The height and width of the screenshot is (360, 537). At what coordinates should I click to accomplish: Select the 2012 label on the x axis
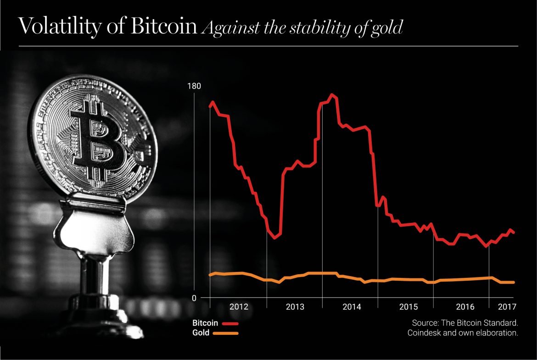(239, 307)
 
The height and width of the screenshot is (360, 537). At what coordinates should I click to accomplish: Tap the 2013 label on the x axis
(295, 307)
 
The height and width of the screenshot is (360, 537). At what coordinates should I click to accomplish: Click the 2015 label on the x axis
(408, 307)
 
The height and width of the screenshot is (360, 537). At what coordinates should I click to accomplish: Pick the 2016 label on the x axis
(464, 307)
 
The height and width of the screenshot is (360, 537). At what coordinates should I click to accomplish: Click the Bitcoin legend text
(204, 323)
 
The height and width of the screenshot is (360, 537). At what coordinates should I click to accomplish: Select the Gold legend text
(201, 333)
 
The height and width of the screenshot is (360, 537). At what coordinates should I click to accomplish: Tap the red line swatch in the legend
(230, 324)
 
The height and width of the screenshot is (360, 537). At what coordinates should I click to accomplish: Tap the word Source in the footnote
(424, 322)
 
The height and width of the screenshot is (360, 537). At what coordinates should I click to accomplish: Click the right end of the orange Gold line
(514, 282)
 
